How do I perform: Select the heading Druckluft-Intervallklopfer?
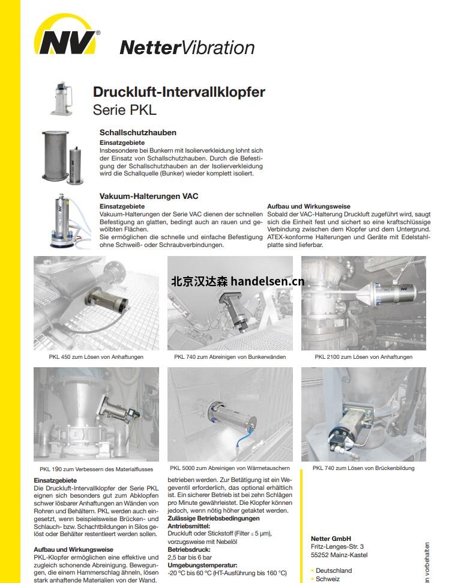tap(179, 93)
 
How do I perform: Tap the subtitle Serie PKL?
tap(124, 110)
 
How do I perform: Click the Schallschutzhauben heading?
tap(137, 132)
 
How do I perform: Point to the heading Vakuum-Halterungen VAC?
tap(148, 196)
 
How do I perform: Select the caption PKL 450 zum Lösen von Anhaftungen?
tap(96, 357)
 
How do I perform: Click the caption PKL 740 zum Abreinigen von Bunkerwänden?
tap(230, 357)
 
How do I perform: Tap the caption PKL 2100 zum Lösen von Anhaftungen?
tap(364, 357)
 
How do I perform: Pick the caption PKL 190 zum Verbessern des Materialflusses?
tap(96, 469)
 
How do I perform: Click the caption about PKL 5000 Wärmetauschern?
tap(230, 468)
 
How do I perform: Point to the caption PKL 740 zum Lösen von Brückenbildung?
tap(364, 468)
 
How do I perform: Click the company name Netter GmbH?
tap(331, 539)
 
